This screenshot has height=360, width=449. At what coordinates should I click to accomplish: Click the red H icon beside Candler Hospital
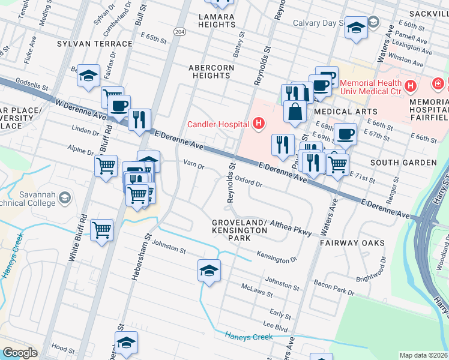tap(258, 124)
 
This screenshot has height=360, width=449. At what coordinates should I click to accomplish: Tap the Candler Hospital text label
tap(218, 124)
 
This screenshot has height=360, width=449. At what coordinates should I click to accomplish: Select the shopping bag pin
tap(294, 112)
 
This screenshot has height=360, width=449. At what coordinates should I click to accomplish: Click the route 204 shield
tap(179, 31)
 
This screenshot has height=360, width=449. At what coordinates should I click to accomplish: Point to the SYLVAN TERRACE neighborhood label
tap(94, 44)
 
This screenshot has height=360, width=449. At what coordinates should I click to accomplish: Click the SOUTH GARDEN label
tap(403, 163)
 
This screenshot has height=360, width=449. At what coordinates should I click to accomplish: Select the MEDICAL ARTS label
tap(349, 112)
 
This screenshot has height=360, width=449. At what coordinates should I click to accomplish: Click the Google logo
tap(20, 353)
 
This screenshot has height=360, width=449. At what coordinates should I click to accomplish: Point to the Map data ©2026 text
tap(423, 355)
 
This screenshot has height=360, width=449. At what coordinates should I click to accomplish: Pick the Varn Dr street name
tap(194, 164)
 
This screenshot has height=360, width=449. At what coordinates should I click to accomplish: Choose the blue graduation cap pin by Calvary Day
tap(356, 28)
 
